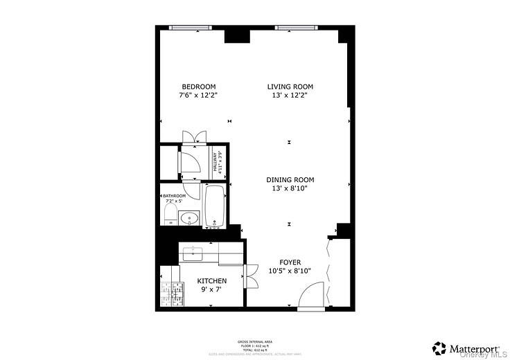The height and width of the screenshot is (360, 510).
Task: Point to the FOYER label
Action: point(290,262)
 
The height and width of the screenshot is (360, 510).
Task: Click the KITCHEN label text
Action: point(212,280)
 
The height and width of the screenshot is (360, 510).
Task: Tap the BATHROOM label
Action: point(175,196)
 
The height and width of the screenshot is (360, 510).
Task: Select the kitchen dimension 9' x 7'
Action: point(212,289)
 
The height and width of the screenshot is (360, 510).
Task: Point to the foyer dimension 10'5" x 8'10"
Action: point(290,271)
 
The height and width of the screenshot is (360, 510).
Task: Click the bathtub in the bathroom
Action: point(214,205)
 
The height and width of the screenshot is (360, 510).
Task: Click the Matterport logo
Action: point(463,345)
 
